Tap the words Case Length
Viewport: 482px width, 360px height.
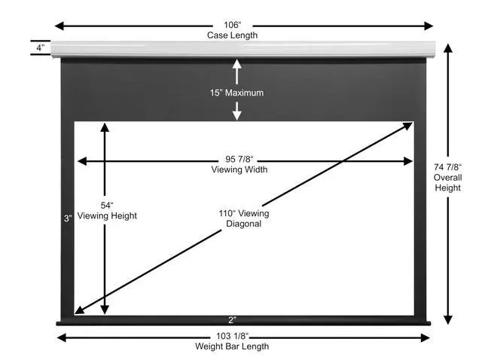click(x=243, y=35)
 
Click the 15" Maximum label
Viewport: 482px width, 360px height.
click(x=237, y=93)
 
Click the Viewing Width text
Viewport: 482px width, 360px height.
click(x=239, y=170)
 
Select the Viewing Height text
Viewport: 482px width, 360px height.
click(x=107, y=216)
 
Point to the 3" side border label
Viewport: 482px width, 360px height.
click(x=66, y=218)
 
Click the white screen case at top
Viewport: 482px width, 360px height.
click(x=243, y=50)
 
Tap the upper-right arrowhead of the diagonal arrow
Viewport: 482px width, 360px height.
click(x=408, y=126)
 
